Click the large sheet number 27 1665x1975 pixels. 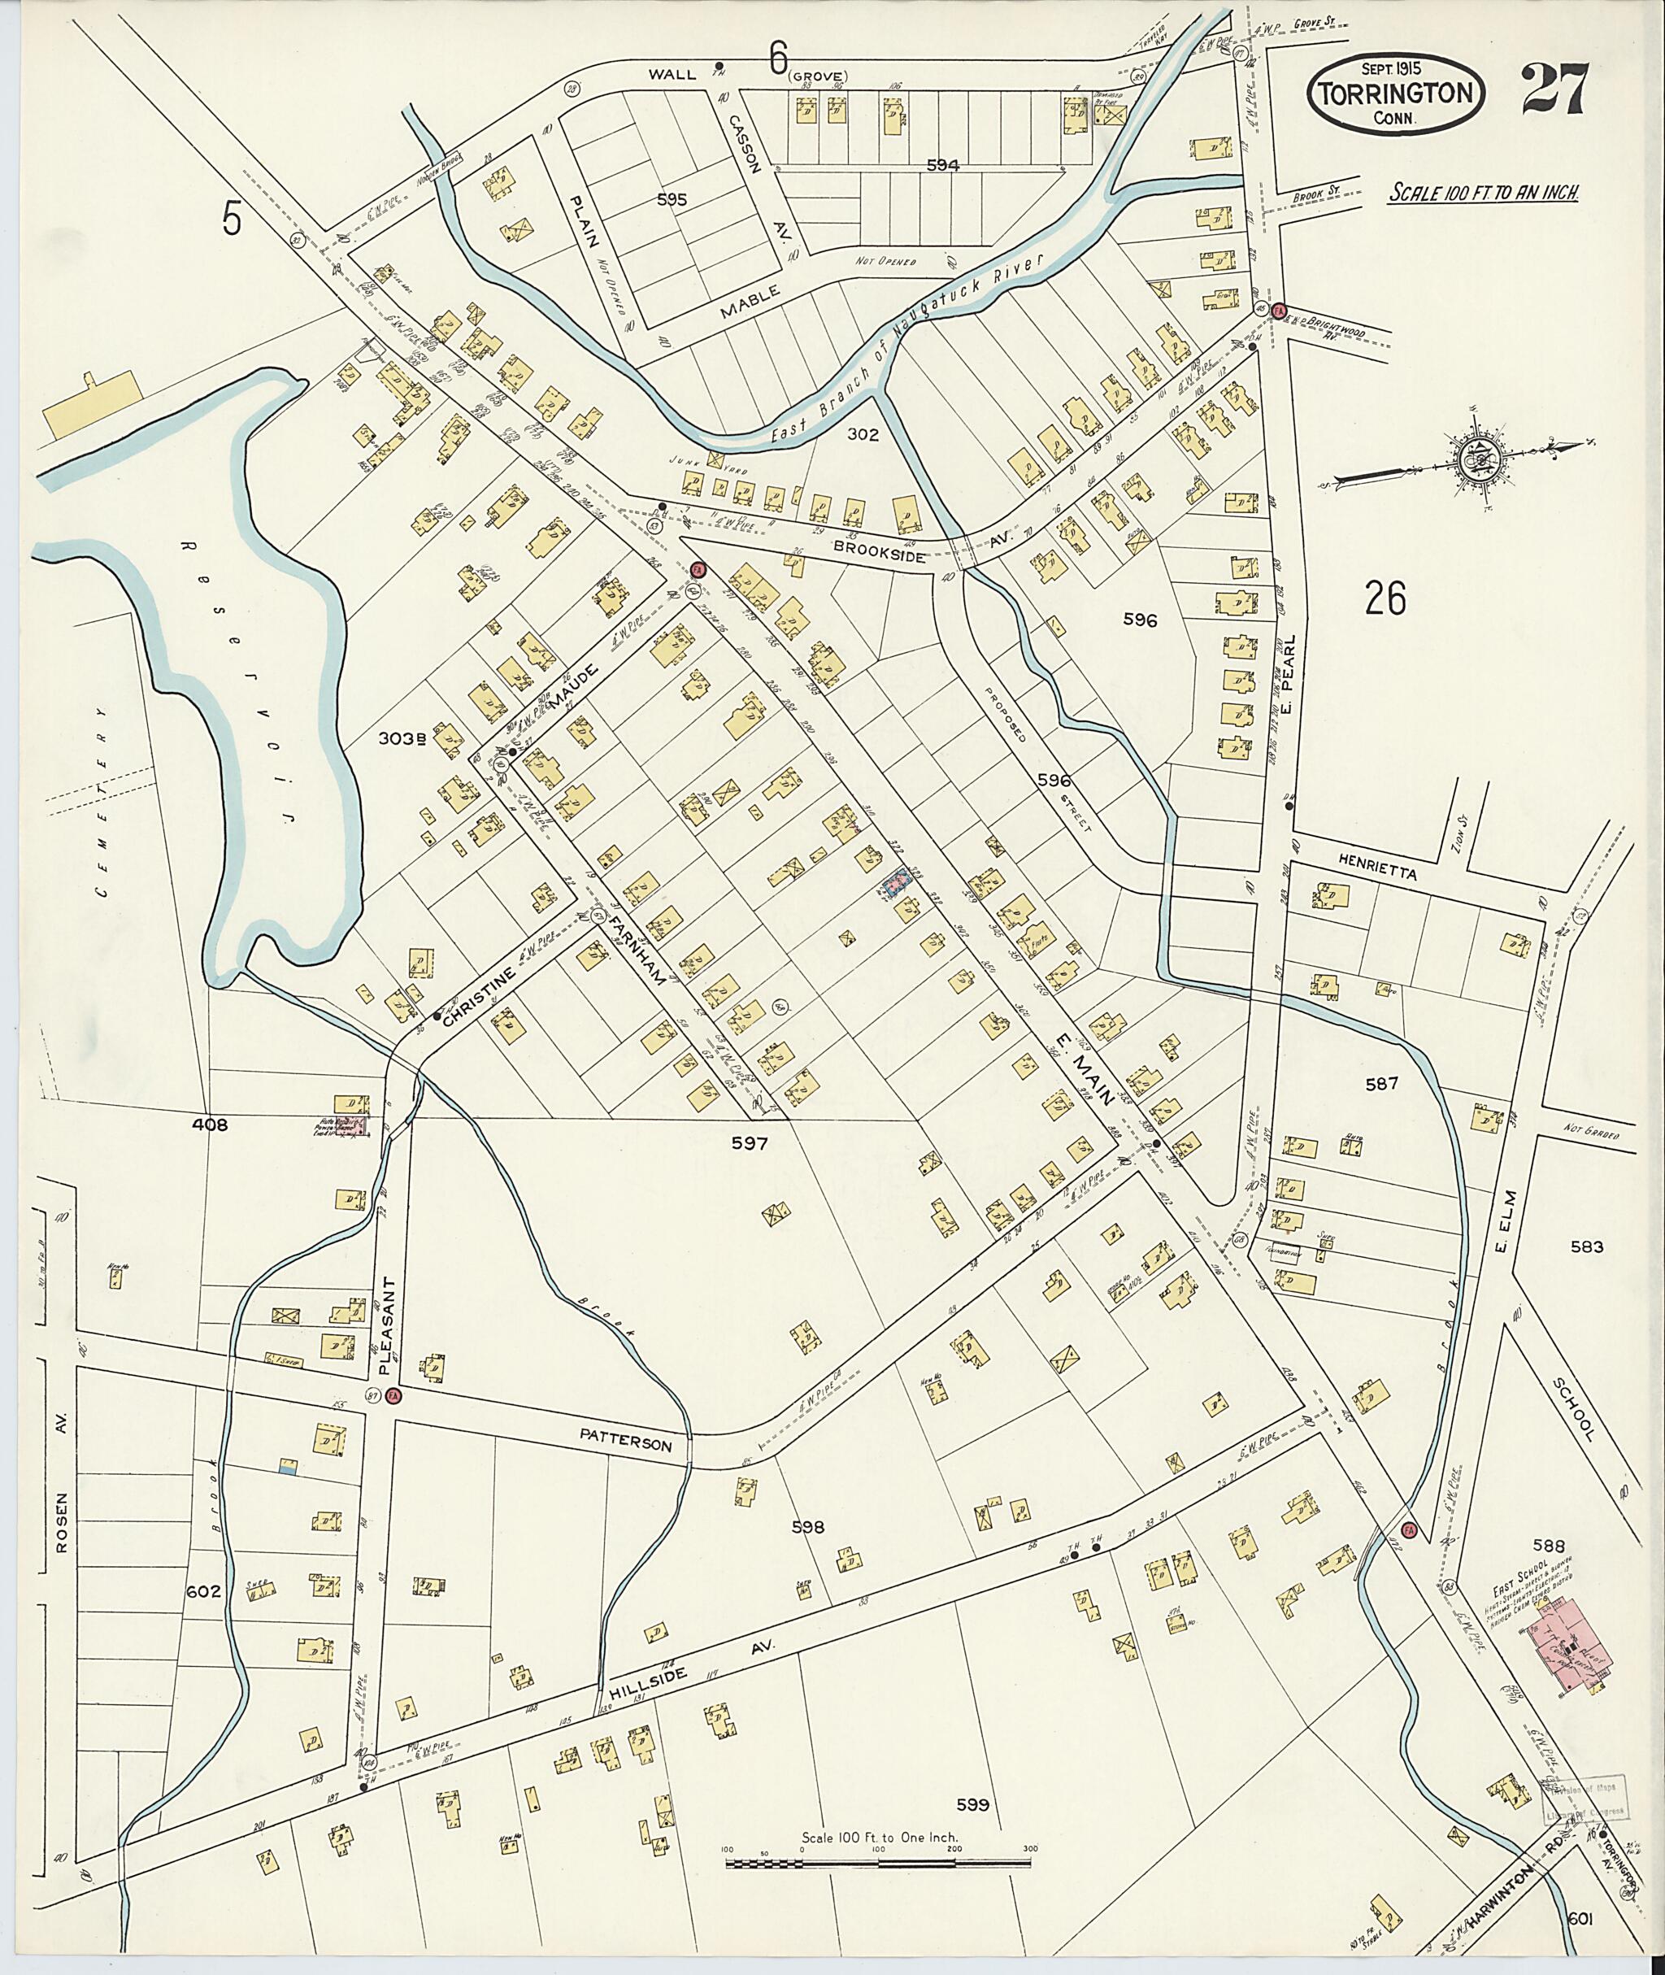click(1555, 88)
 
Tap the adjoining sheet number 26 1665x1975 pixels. click(1385, 597)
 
